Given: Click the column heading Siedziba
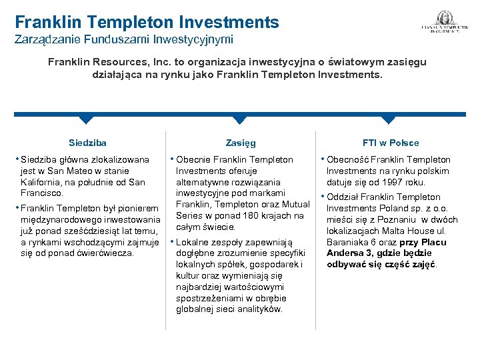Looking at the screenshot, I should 87,143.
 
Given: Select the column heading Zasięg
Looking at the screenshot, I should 241,143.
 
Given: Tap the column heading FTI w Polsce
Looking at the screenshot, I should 390,143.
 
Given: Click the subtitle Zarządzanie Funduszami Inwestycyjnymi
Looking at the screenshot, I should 124,40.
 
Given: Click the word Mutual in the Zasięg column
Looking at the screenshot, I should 295,204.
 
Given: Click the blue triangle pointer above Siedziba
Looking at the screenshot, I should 86,119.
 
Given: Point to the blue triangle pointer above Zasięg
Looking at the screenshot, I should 240,119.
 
